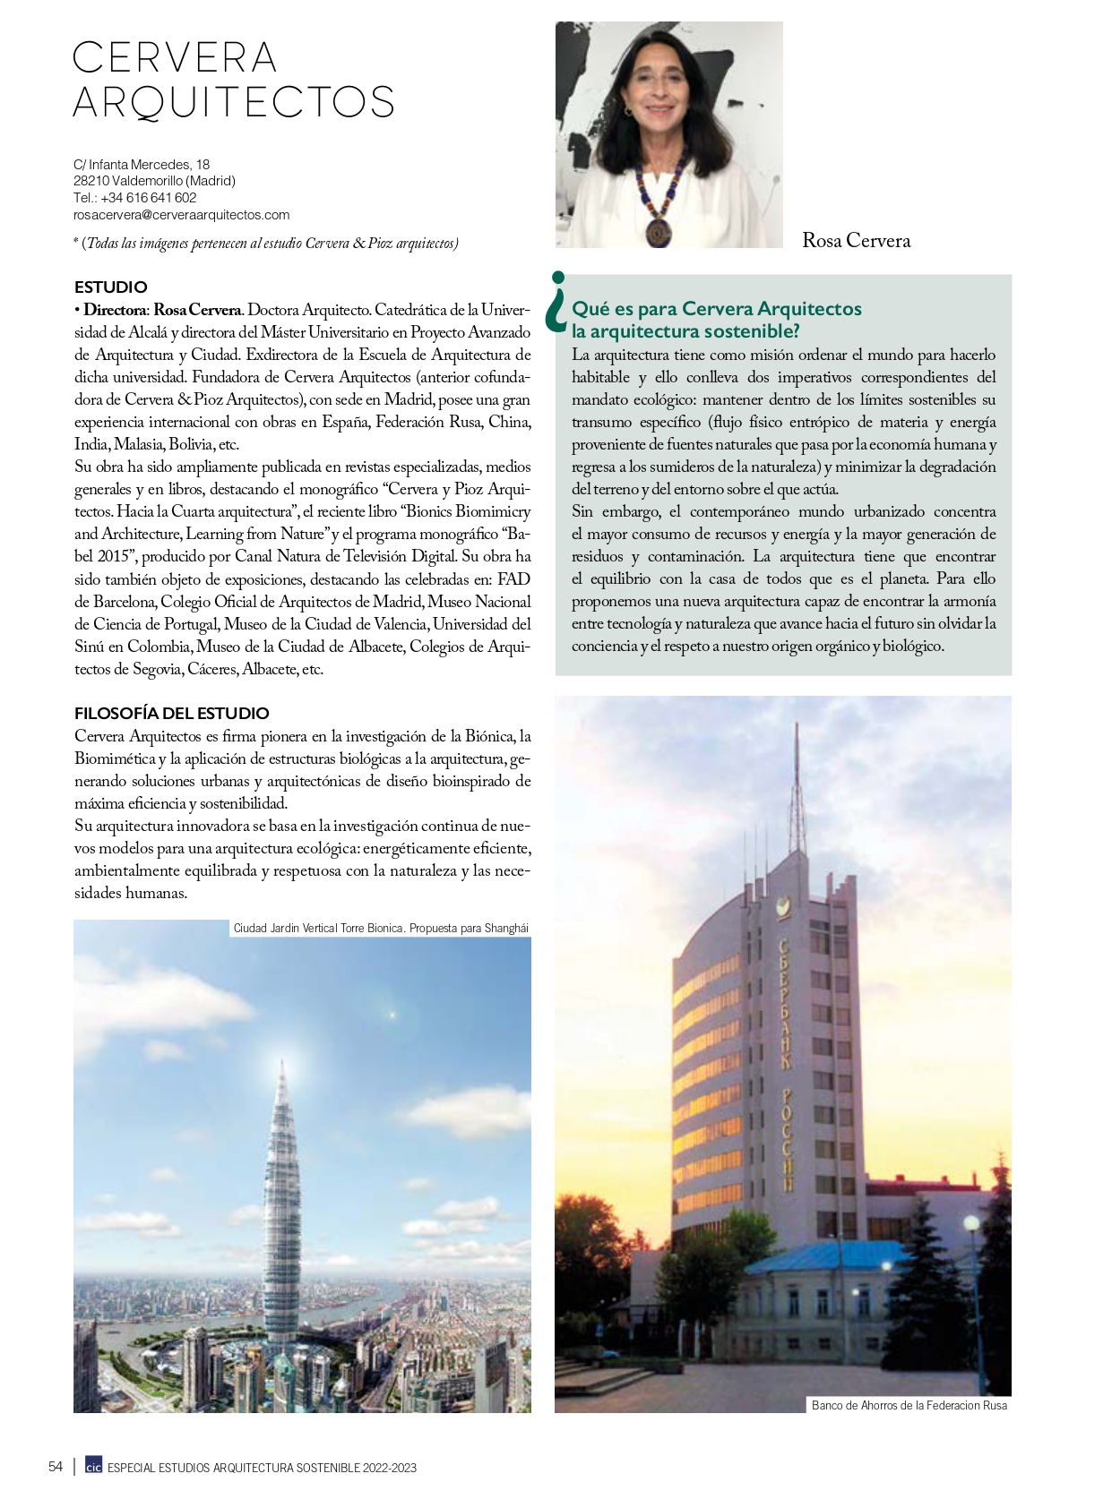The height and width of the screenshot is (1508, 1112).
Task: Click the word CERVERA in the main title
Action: (175, 58)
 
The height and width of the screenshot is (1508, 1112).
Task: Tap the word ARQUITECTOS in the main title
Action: (233, 102)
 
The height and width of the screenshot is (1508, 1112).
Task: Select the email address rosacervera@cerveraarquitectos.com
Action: (181, 215)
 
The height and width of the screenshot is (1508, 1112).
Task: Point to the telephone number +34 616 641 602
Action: (148, 198)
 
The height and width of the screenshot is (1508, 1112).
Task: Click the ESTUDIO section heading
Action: (110, 287)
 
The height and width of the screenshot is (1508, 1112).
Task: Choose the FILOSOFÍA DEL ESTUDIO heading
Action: (171, 714)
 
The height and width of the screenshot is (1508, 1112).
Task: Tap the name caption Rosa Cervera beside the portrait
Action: (856, 241)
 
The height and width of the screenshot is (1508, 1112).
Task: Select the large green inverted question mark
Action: (557, 302)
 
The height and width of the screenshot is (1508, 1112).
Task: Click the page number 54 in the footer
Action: (56, 1467)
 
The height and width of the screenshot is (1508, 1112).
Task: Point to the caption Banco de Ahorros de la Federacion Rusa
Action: (909, 1406)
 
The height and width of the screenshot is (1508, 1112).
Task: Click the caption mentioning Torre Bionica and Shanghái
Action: (380, 929)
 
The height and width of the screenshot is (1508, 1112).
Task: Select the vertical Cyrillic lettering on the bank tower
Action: (785, 1066)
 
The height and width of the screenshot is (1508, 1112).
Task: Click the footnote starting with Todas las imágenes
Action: (266, 244)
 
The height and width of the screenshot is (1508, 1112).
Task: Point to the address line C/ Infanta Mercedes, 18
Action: (142, 165)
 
